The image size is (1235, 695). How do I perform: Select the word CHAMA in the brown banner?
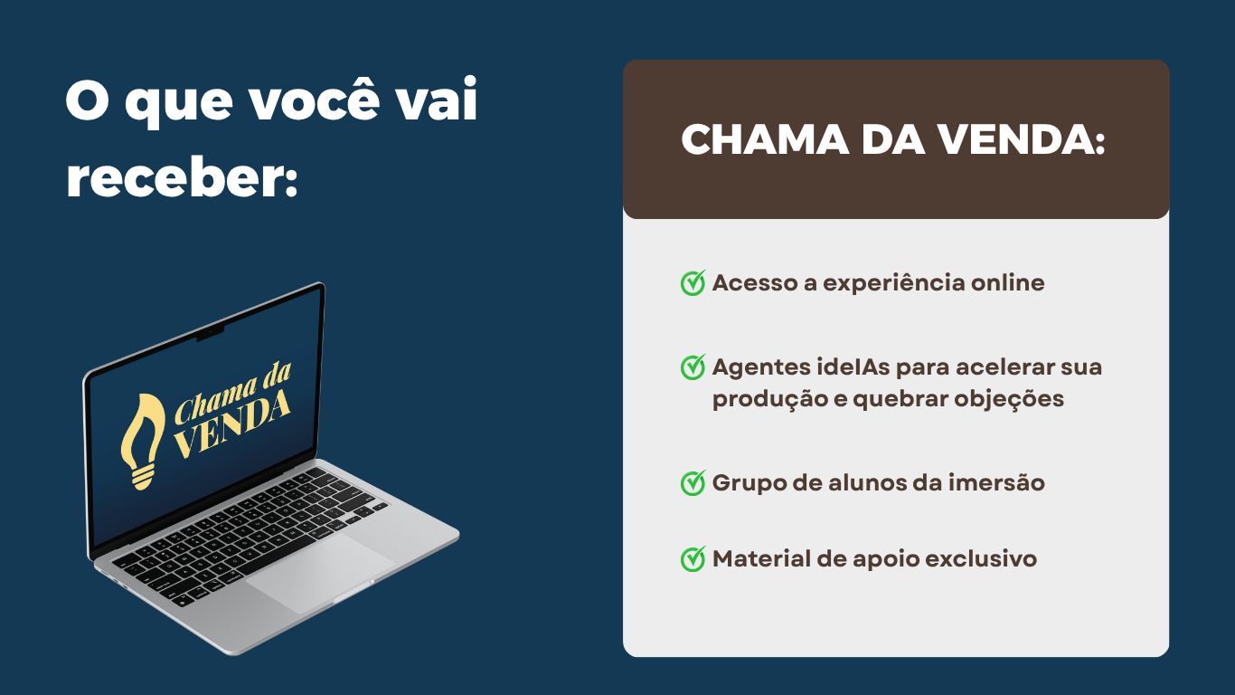[x=765, y=139]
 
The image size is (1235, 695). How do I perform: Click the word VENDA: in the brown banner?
[x=1022, y=139]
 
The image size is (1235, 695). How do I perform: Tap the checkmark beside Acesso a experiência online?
[x=693, y=282]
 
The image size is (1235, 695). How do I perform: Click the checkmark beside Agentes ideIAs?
[x=693, y=367]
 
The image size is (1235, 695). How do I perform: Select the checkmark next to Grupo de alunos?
[x=693, y=483]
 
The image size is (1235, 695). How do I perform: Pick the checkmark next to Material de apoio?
[x=693, y=559]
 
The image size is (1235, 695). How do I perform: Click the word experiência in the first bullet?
[x=894, y=283]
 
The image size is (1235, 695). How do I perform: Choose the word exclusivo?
[x=981, y=558]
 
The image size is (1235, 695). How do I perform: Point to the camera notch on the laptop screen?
[x=210, y=332]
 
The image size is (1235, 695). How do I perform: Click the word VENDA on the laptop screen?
[x=232, y=424]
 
